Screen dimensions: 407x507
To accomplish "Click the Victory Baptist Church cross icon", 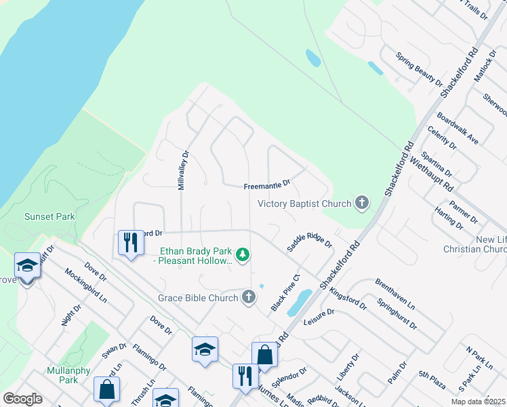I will click(363, 203).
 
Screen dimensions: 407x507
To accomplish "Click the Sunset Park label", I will click(49, 216).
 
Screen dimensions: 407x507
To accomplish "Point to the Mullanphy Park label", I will click(63, 375).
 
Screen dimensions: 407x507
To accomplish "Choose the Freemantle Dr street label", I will click(267, 184).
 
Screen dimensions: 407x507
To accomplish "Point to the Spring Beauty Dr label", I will click(420, 69).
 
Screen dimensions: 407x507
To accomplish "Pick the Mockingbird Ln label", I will click(86, 285).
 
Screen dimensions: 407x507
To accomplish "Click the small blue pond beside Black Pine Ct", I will click(299, 303).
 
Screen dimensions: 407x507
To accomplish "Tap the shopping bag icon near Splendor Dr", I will click(264, 355).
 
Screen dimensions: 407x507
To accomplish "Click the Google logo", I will click(22, 399).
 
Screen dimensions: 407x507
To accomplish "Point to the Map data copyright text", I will click(478, 402).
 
